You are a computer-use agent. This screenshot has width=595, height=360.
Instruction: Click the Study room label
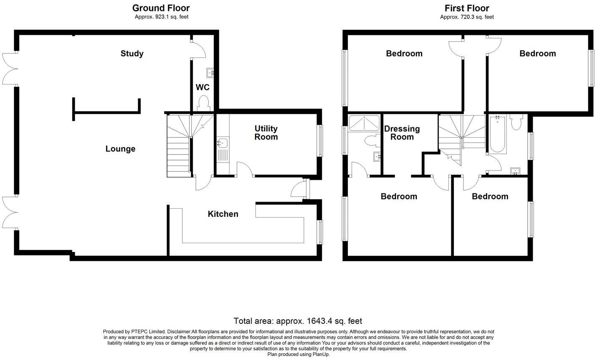(132, 54)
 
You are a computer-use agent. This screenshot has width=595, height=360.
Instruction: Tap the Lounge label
(120, 149)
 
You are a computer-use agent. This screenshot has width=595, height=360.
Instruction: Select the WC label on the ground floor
(203, 87)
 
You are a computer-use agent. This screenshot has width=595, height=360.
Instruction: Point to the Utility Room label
(266, 133)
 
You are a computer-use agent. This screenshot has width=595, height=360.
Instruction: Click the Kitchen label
(223, 214)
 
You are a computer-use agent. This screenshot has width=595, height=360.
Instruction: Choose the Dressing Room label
(402, 133)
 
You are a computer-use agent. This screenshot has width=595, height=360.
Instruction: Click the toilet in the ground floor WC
(203, 103)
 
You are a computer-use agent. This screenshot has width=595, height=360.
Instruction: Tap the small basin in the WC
(210, 73)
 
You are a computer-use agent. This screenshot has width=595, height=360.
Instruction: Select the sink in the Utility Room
(222, 142)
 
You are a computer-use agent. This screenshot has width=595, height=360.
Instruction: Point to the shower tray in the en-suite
(364, 123)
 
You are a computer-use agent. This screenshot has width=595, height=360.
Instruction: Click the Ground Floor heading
(161, 8)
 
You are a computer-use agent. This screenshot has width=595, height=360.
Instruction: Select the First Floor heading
(467, 8)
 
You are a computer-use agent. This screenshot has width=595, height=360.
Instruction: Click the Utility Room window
(320, 141)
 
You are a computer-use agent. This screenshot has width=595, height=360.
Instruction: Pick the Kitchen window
(320, 232)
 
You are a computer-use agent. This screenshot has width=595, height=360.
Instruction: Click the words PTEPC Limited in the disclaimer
(148, 331)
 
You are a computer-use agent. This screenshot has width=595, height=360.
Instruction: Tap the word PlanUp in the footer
(321, 355)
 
